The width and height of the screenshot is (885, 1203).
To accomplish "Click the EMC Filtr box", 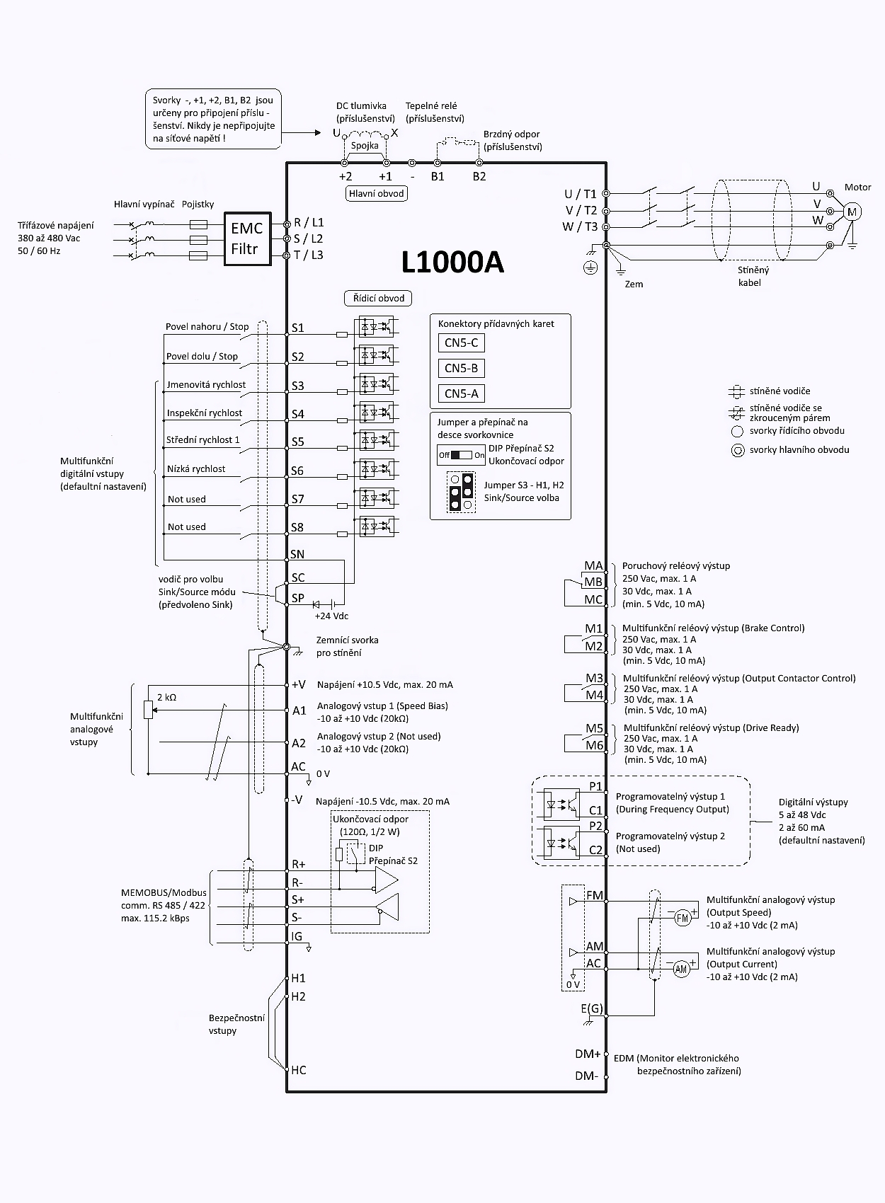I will pos(247,238).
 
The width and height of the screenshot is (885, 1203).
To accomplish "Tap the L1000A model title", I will pos(452,263).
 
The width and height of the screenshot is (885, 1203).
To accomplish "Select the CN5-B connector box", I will pos(461,368).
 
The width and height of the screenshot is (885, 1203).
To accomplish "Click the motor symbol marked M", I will pos(852,212).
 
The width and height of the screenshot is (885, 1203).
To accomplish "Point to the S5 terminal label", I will pos(298,442).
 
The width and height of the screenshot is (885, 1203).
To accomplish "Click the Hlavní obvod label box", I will pos(377,193).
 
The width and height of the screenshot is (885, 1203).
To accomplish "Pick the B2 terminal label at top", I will pos(479,177).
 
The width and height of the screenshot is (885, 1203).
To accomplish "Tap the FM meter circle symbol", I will pos(682,918).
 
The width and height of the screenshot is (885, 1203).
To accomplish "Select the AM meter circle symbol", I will pos(681,969).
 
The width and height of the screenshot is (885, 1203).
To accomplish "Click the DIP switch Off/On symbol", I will pos(461,455).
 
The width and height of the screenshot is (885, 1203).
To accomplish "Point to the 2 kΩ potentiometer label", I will pos(167,697).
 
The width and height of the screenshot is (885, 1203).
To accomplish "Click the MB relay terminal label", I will pos(593,582).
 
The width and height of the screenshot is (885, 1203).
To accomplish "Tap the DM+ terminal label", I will pos(588,1054).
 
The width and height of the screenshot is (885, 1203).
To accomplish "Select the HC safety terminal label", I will pos(299,1070).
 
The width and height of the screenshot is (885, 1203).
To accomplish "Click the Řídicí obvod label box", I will pos(379,298).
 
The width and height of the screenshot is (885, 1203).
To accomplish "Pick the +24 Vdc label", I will pos(331,616).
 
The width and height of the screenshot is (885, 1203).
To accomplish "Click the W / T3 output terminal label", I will pos(580,226).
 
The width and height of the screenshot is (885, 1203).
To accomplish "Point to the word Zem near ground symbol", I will pos(634,284).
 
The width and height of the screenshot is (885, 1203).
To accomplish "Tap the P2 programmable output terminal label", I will pos(595,826).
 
